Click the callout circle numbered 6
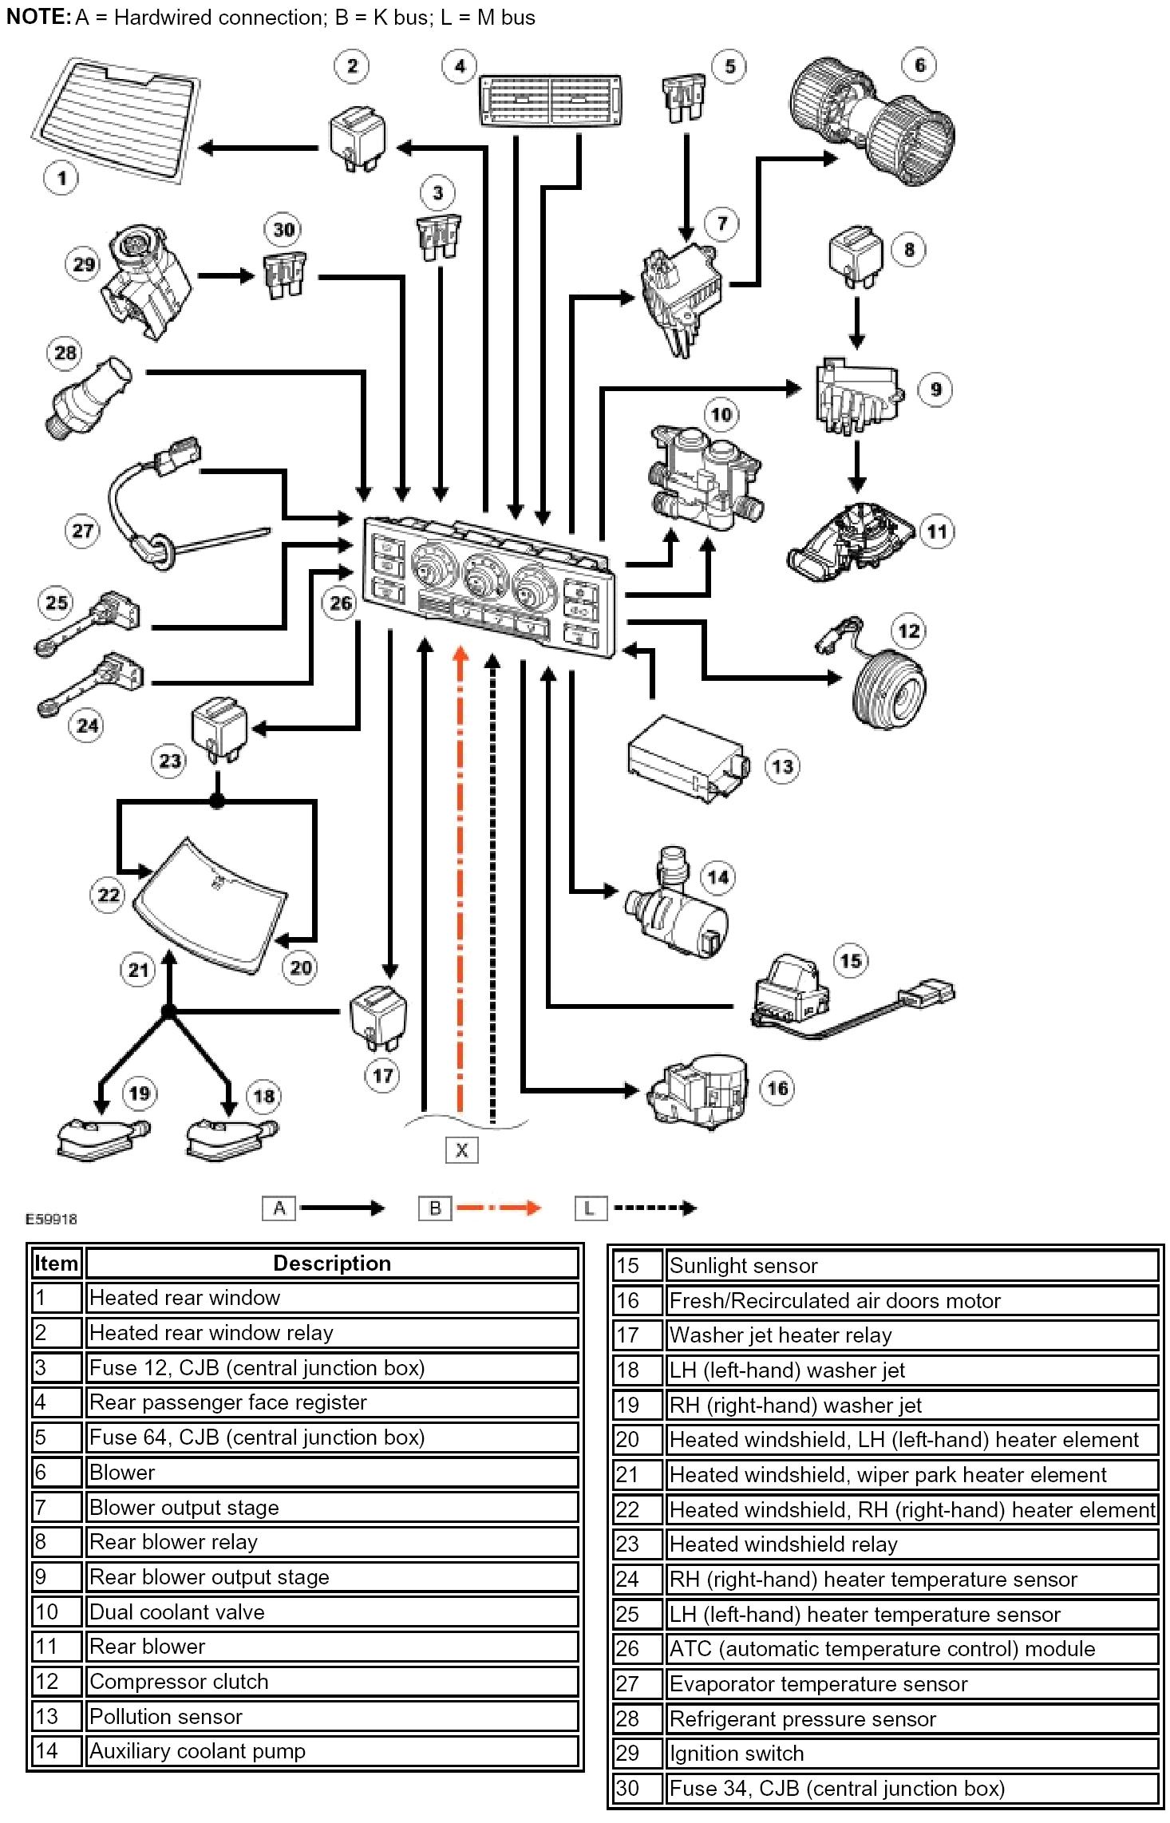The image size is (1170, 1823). click(x=919, y=65)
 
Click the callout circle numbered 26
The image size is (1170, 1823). click(x=341, y=603)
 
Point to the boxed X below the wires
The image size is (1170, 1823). click(x=461, y=1150)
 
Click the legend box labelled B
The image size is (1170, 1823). click(x=435, y=1208)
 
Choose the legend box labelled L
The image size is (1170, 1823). click(x=590, y=1208)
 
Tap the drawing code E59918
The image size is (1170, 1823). click(x=51, y=1219)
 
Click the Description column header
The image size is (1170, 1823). click(x=332, y=1263)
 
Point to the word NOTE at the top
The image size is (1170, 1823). click(x=38, y=17)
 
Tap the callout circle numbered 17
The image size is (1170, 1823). click(x=382, y=1076)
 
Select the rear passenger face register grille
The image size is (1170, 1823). click(x=550, y=101)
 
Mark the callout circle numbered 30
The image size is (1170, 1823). click(x=284, y=230)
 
